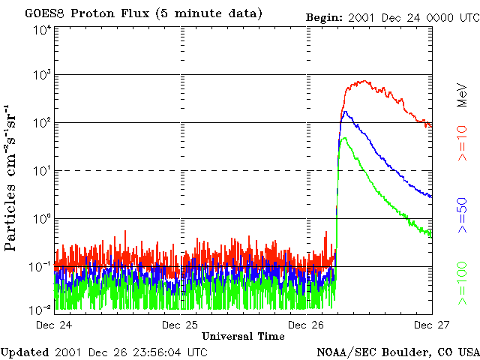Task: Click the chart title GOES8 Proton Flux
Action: coord(143,13)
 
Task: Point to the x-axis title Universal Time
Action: coord(243,336)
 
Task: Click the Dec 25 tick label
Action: coord(180,325)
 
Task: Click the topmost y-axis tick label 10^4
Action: coord(42,29)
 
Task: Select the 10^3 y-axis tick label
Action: coord(42,75)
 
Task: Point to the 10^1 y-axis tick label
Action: coord(42,171)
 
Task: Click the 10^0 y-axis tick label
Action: coord(42,219)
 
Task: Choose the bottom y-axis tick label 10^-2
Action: coord(40,309)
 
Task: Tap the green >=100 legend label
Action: coord(462,283)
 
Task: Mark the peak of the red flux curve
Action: coord(364,81)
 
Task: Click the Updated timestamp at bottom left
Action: coord(104,351)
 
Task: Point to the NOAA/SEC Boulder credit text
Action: coord(397,351)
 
